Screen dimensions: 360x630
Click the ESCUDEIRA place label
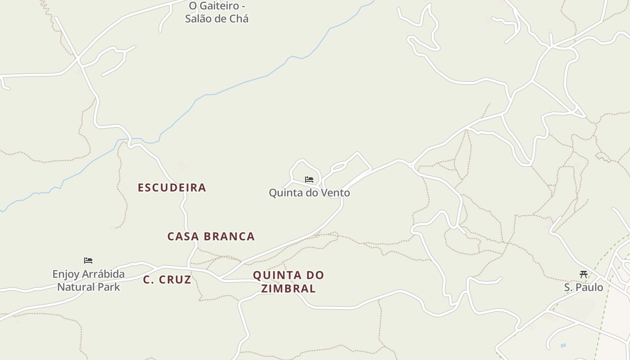[172, 188]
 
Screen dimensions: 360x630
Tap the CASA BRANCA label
[211, 236]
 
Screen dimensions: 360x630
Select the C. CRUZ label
[167, 280]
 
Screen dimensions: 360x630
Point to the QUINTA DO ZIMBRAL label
[288, 282]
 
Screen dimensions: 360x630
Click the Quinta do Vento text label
[309, 193]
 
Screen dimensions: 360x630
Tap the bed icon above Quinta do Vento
[309, 180]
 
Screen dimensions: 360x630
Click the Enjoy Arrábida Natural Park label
[89, 280]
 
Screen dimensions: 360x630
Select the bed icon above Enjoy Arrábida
[88, 261]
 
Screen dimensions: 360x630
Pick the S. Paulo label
[584, 287]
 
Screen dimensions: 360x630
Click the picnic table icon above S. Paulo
[584, 274]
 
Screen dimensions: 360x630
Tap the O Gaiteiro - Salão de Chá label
[217, 12]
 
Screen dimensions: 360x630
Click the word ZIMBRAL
[288, 288]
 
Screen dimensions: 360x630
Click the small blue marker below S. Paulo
[563, 346]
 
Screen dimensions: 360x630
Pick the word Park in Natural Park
[109, 287]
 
